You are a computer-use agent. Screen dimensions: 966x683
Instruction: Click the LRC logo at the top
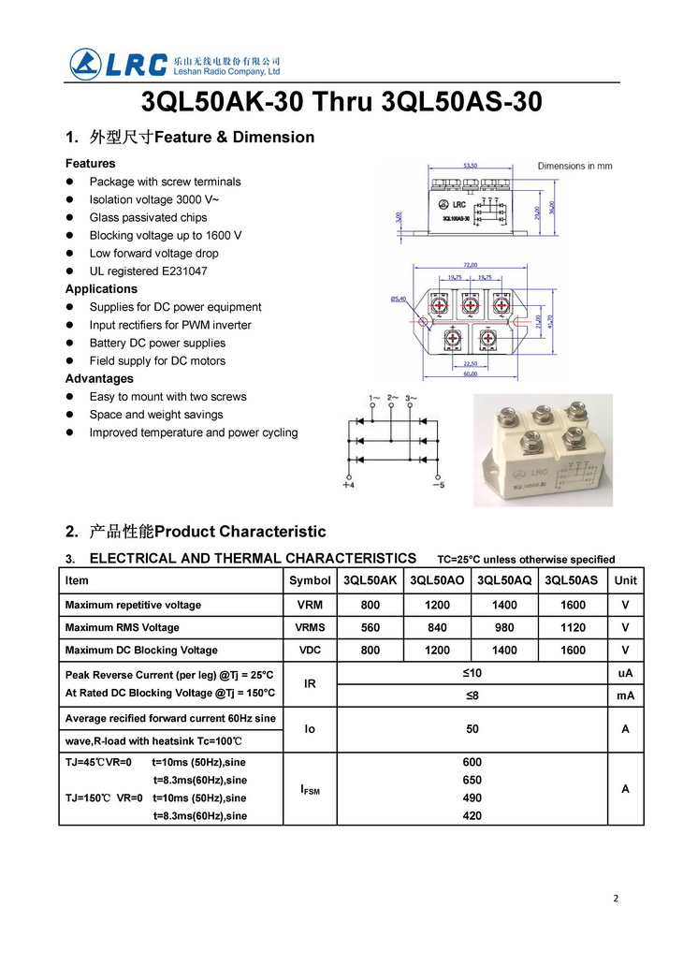(119, 64)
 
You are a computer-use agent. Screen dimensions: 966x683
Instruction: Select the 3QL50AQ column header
(504, 580)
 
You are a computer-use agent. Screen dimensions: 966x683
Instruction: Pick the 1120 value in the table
(573, 627)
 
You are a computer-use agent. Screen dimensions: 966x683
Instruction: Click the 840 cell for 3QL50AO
(437, 627)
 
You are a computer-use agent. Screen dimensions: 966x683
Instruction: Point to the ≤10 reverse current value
(472, 673)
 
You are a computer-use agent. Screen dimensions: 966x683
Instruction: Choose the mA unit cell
(625, 695)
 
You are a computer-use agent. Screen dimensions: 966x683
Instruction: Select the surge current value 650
(472, 780)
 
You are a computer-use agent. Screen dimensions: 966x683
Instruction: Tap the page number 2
(616, 899)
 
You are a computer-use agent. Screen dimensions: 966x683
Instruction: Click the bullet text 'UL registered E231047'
(148, 271)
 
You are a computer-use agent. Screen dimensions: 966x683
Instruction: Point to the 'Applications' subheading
(101, 289)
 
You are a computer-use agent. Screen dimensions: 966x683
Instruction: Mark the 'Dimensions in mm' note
(574, 166)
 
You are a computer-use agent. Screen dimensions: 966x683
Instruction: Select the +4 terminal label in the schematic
(348, 485)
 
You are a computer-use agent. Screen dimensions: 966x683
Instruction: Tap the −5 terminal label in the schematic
(438, 485)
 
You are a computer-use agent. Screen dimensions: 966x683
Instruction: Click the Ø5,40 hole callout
(400, 300)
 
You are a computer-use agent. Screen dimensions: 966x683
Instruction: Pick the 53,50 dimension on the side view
(470, 166)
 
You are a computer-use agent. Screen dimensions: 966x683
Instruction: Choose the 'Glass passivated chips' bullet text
(148, 217)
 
